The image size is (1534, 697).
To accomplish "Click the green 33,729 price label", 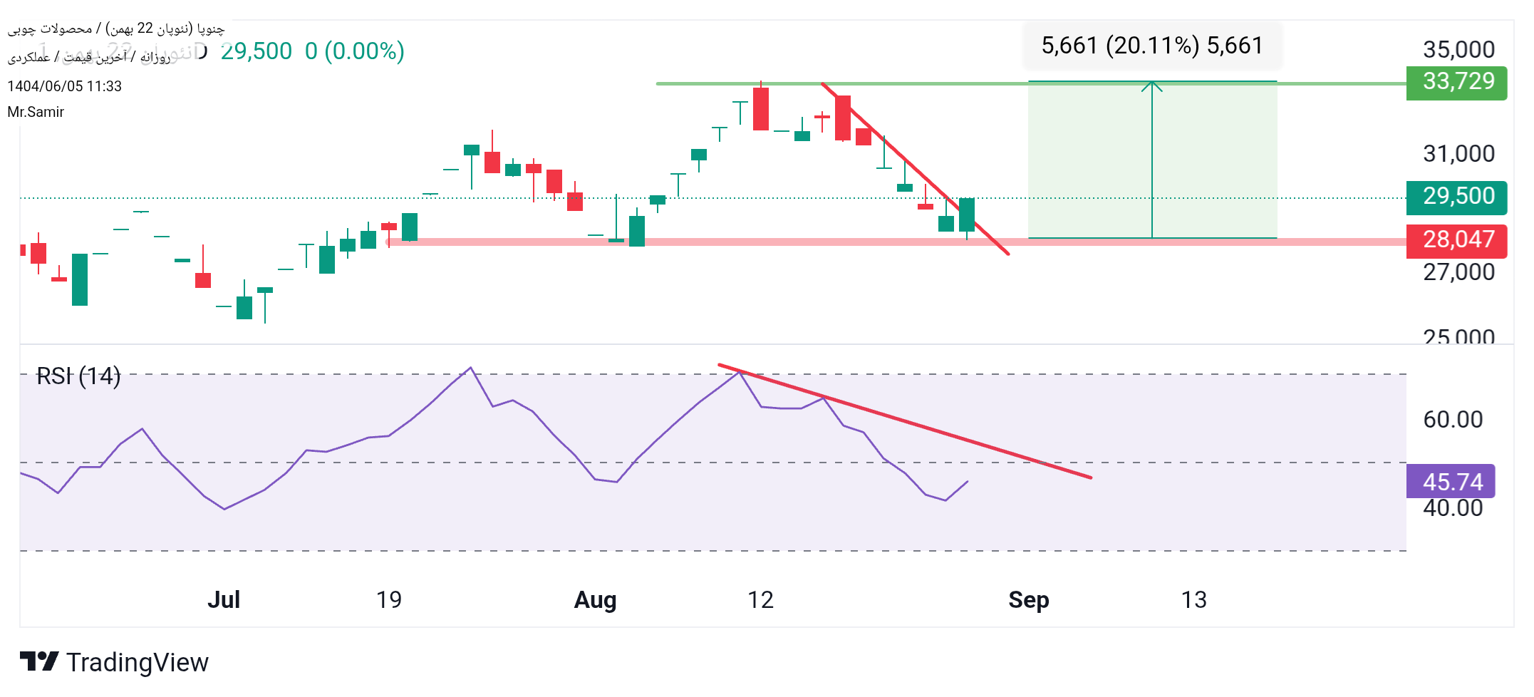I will point(1456,83).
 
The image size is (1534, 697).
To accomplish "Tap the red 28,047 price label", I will point(1456,240).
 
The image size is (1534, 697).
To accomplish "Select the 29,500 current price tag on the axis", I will point(1456,197).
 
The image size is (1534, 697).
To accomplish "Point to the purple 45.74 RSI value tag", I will point(1451,482).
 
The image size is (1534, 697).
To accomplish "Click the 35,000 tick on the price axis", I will point(1458,50).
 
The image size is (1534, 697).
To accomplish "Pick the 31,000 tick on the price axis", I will point(1458,154).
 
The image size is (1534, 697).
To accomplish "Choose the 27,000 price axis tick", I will point(1458,272).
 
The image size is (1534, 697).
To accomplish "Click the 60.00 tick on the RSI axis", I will point(1453,420).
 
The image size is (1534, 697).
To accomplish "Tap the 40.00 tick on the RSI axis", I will point(1453,509).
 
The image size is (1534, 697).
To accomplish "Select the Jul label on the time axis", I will point(224,600).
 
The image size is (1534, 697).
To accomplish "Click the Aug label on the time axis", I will point(595,600).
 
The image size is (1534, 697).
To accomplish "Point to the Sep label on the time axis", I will point(1028,600).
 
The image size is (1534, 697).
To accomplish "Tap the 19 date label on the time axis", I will point(389,600).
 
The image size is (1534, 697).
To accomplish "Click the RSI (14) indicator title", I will point(78,376).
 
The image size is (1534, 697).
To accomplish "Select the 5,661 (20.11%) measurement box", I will point(1152,46).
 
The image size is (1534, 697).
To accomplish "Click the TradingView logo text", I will point(137,663).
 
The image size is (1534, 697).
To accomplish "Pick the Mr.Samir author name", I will point(36,112).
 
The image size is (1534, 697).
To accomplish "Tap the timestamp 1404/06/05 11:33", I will point(64,86).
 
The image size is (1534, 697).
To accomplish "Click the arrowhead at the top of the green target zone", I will point(1152,86).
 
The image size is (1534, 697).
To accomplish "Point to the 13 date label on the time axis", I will point(1194,600).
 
